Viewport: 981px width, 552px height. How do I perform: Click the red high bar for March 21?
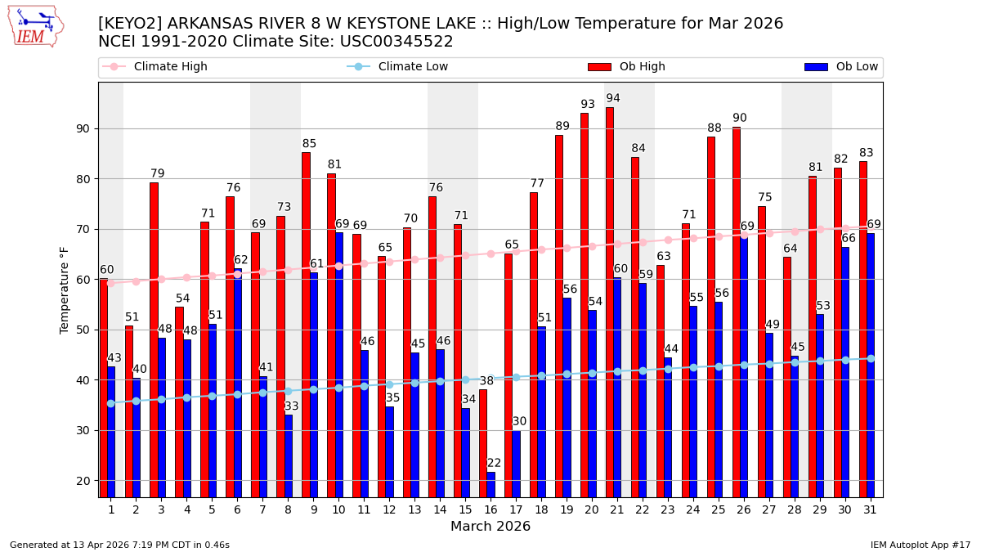click(x=610, y=303)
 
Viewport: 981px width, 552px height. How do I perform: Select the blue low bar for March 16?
click(x=491, y=484)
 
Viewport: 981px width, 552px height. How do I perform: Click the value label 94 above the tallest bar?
click(x=613, y=98)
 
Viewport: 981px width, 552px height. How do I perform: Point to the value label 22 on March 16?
click(x=494, y=463)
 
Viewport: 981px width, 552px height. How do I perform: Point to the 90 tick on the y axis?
click(x=83, y=128)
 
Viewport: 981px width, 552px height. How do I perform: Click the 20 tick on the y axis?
click(x=83, y=481)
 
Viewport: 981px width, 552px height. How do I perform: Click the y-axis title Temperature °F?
click(x=65, y=289)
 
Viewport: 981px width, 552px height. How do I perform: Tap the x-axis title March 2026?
click(x=490, y=527)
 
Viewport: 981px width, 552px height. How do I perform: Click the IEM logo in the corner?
click(x=35, y=26)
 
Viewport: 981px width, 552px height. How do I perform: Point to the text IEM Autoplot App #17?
click(x=920, y=545)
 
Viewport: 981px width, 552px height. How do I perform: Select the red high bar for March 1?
click(x=103, y=388)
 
